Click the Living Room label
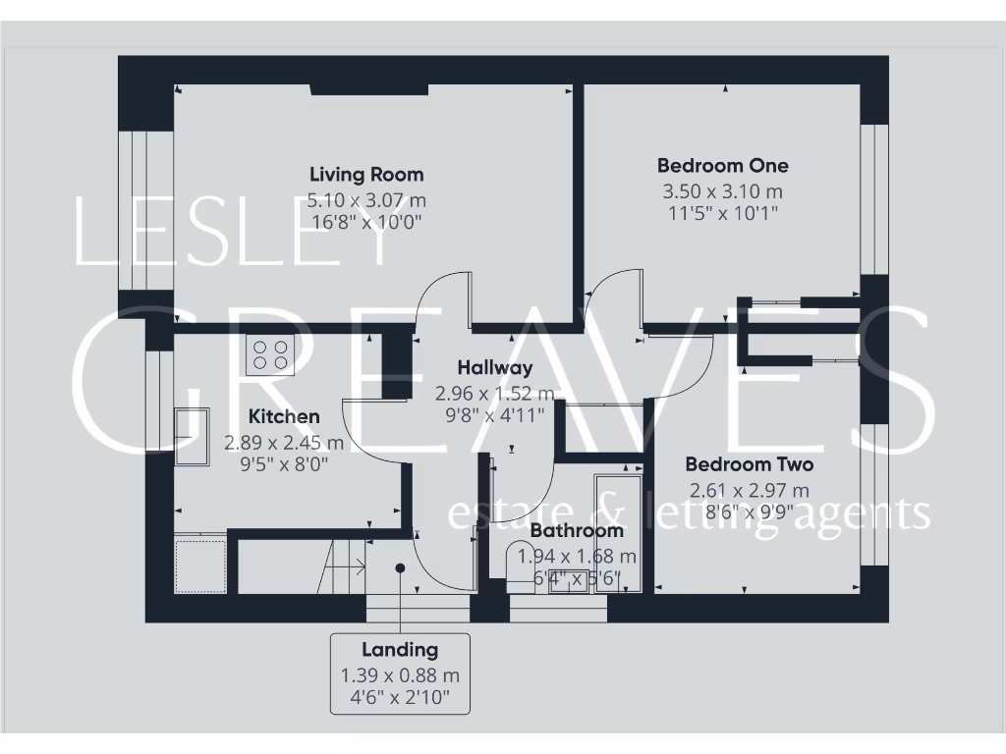366,175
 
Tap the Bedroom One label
722,165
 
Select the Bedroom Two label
749,464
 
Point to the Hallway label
495,368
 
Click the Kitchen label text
283,416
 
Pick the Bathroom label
577,531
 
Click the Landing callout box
400,673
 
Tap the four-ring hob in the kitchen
271,355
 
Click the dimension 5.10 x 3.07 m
366,200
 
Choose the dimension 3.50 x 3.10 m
722,191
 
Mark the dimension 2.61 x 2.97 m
749,490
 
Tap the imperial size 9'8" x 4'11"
495,413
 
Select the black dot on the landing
400,567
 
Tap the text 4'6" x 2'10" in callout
400,699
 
